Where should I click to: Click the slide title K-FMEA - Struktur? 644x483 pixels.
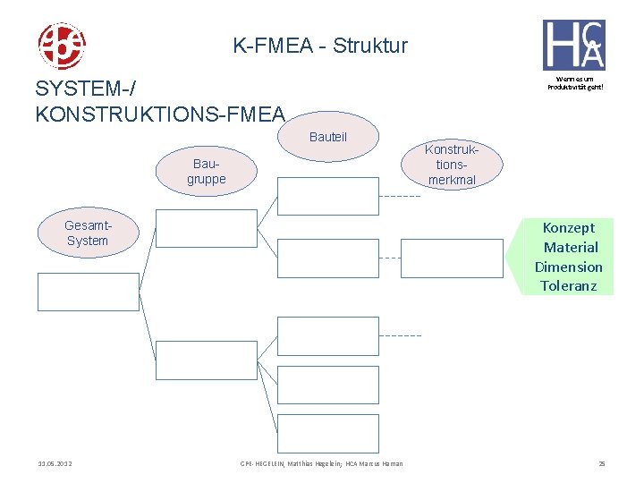click(x=320, y=45)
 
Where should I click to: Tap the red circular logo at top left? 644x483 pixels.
click(x=61, y=47)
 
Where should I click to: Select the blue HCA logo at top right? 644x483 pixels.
click(x=573, y=45)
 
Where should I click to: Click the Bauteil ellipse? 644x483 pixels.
click(x=327, y=138)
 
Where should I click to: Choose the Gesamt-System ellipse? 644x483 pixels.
click(x=87, y=233)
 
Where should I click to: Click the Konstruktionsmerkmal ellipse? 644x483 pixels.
click(x=452, y=165)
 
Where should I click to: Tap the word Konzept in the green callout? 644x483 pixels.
click(x=569, y=228)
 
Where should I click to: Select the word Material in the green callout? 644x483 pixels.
click(x=571, y=248)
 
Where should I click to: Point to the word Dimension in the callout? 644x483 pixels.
click(x=569, y=267)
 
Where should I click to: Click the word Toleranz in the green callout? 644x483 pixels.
click(x=569, y=286)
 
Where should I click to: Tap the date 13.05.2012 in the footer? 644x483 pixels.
click(x=55, y=463)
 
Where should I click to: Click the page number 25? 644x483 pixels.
click(x=602, y=463)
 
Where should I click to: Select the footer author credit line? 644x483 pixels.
click(x=321, y=463)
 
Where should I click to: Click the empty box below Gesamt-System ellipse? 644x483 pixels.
click(x=88, y=292)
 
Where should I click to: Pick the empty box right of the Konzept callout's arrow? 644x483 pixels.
click(x=452, y=258)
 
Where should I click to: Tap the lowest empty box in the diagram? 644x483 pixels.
click(x=327, y=432)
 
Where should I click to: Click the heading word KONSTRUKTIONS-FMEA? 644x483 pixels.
click(x=160, y=114)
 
